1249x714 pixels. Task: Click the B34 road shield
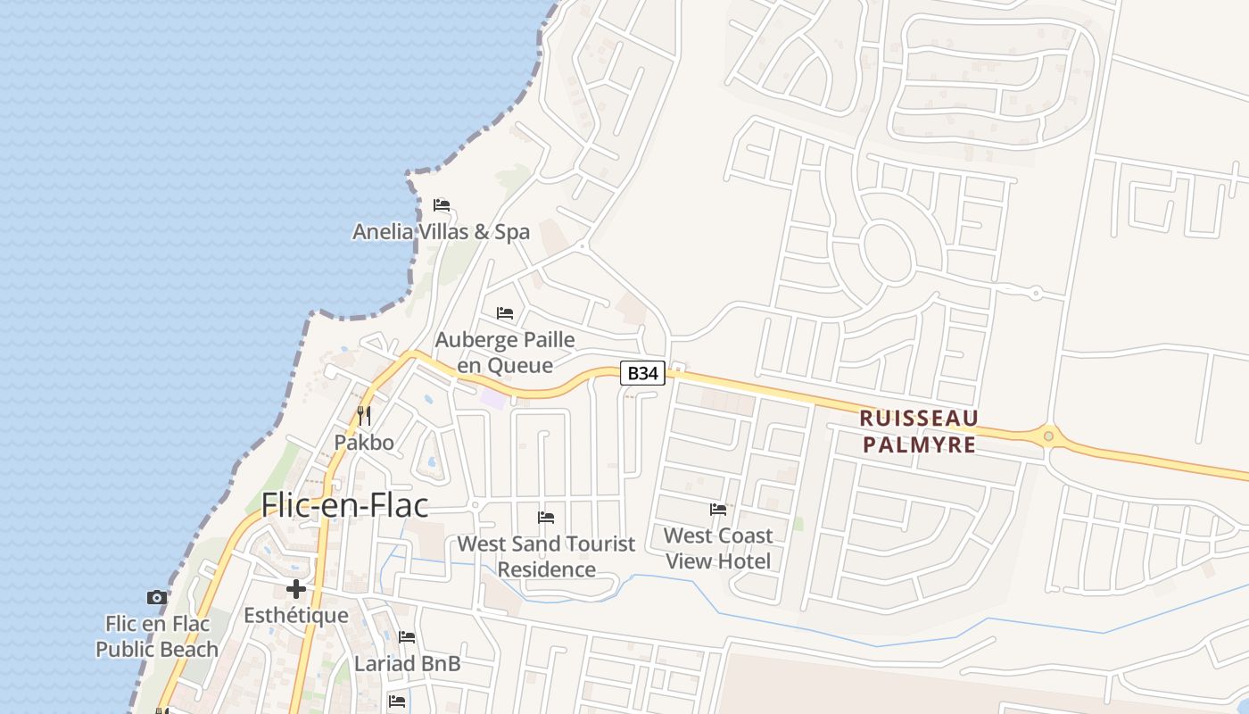coord(642,373)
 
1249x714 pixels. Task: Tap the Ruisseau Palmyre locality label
coord(919,431)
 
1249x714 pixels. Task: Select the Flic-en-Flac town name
coord(344,505)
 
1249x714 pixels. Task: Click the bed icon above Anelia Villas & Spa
coord(441,205)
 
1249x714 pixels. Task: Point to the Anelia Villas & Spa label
coord(441,232)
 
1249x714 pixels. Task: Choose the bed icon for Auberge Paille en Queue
coord(505,313)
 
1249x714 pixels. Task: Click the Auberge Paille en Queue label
coord(505,353)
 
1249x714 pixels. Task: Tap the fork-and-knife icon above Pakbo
coord(364,416)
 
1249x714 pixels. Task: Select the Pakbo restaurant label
coord(364,442)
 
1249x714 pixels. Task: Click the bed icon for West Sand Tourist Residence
coord(546,518)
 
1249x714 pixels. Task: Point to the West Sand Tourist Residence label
coord(546,556)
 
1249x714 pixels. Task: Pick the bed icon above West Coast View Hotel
coord(718,510)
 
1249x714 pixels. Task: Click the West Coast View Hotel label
coord(718,548)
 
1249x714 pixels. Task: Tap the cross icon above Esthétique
coord(296,589)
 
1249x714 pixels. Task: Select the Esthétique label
coord(296,615)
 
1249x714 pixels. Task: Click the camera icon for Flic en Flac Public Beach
coord(157,597)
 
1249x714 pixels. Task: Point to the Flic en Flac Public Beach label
coord(157,636)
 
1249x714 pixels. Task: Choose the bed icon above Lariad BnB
coord(407,637)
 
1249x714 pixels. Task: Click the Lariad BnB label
coord(407,664)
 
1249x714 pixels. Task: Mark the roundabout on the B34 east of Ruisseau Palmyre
coord(1048,436)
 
